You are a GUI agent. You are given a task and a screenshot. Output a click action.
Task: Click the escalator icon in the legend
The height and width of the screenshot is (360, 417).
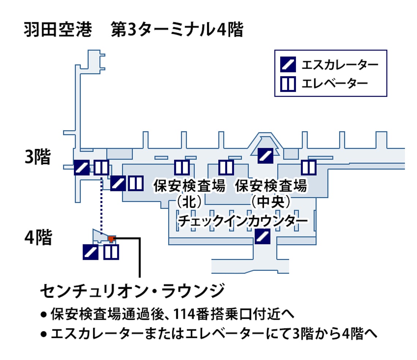[x=288, y=65]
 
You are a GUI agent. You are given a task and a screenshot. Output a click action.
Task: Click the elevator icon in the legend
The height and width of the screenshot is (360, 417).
[x=288, y=84]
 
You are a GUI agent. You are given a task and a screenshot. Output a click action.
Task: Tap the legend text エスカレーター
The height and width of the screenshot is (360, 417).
[x=334, y=65]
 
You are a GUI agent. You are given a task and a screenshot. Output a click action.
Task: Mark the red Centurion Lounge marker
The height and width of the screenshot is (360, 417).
[x=111, y=239]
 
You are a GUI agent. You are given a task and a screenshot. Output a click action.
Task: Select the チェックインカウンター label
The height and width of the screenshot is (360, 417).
[x=242, y=222]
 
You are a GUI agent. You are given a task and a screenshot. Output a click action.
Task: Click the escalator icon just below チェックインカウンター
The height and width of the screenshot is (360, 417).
[x=262, y=236]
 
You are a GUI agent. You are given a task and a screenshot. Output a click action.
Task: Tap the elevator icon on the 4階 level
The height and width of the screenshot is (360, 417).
[x=111, y=252]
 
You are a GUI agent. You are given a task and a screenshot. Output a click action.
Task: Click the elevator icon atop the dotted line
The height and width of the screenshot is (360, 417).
[x=101, y=168]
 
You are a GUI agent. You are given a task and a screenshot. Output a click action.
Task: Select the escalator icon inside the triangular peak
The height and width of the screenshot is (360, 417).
[x=266, y=155]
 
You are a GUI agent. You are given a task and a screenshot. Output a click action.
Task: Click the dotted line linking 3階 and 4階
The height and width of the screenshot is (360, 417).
[x=101, y=205]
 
